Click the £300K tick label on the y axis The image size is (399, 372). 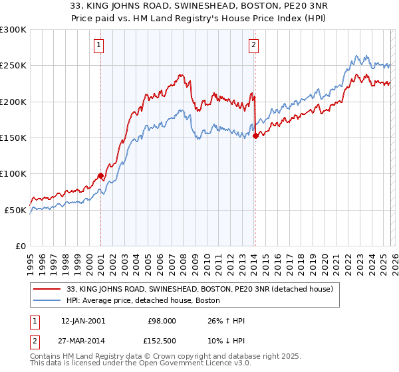pos(13,30)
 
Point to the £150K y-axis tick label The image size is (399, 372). pos(13,138)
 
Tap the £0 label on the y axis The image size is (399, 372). pos(20,246)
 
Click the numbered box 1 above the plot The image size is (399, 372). pos(99,45)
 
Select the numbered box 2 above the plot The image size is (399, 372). pos(254,45)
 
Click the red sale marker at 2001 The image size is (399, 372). pos(100,175)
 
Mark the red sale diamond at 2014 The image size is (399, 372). pos(255,136)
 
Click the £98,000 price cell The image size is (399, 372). pos(160,321)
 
